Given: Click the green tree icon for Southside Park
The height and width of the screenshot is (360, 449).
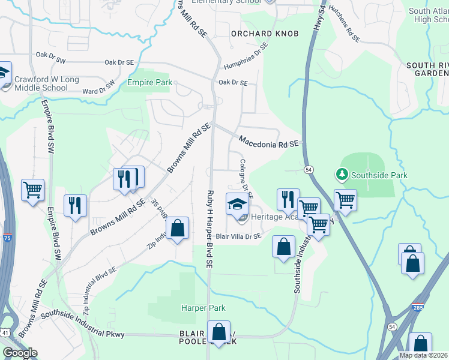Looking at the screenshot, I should pyautogui.click(x=342, y=175).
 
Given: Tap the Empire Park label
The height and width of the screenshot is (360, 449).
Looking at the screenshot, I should pyautogui.click(x=149, y=83).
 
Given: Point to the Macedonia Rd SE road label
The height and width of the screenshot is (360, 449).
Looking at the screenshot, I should pyautogui.click(x=268, y=142).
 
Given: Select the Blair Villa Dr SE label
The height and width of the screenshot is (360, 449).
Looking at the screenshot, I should pyautogui.click(x=238, y=237).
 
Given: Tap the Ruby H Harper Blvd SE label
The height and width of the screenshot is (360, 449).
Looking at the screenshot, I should pyautogui.click(x=209, y=228).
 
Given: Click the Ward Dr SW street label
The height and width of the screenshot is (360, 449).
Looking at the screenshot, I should pyautogui.click(x=98, y=88).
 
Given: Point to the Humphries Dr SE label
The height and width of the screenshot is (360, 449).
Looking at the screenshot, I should pyautogui.click(x=245, y=59).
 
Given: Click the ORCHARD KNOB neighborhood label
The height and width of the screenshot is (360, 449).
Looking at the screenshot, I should pyautogui.click(x=265, y=34).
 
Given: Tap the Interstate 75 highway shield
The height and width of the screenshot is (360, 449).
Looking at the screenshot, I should pyautogui.click(x=7, y=238).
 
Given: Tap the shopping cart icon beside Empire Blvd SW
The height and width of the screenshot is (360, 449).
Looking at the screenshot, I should pyautogui.click(x=33, y=190).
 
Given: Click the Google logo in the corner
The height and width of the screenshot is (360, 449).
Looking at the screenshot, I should pyautogui.click(x=19, y=353).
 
